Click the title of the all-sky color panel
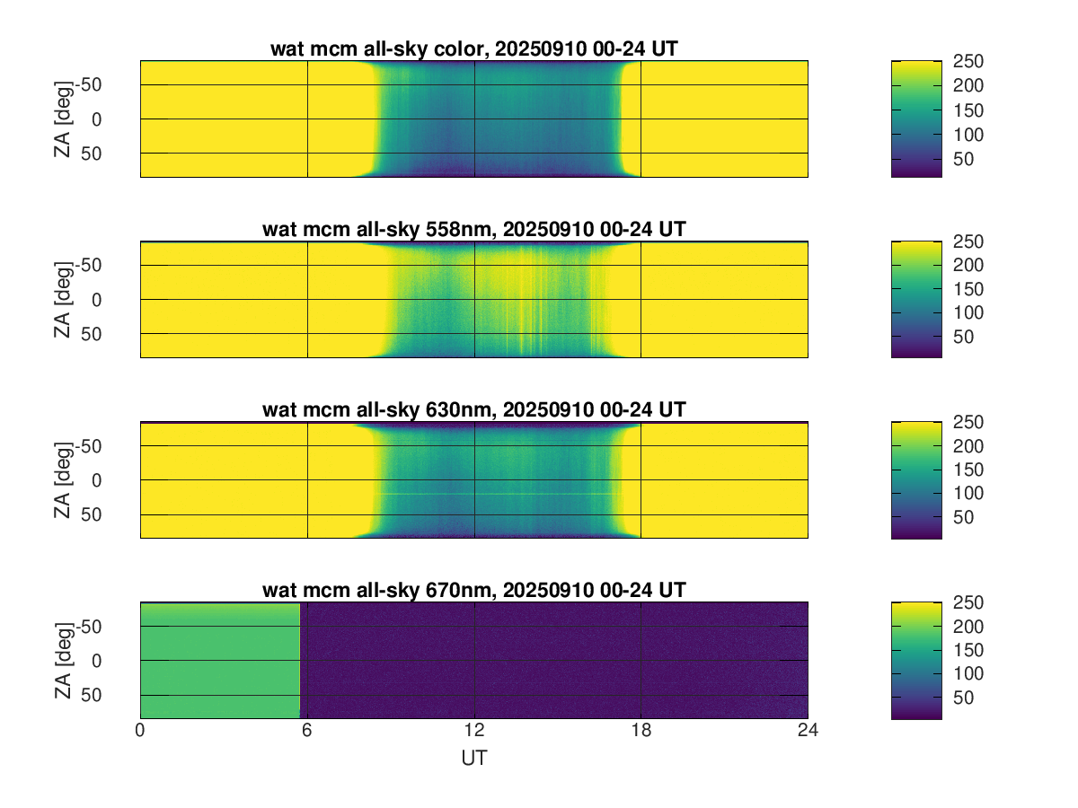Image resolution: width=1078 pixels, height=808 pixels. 473,49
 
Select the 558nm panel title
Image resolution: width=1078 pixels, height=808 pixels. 473,229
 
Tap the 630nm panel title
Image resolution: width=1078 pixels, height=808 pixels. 473,409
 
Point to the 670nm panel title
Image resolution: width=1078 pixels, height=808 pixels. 473,590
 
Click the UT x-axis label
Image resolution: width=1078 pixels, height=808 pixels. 473,758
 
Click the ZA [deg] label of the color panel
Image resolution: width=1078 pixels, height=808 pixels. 63,119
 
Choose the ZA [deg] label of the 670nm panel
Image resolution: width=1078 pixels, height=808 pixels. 63,660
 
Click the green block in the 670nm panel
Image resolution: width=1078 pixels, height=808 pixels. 220,660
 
